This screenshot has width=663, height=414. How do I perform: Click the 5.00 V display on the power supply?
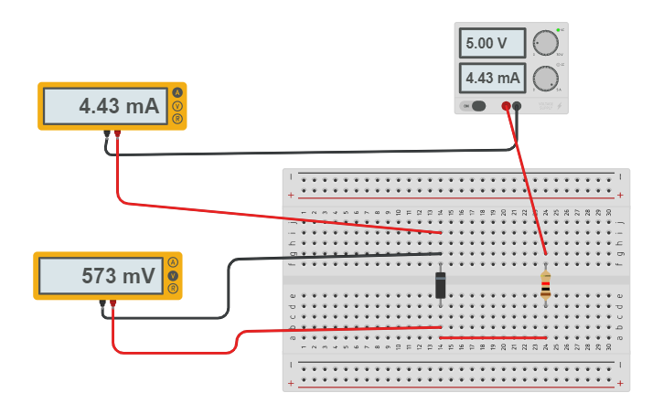pos(492,43)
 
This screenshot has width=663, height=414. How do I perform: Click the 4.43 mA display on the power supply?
pos(492,79)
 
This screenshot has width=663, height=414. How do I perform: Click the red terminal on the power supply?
pos(506,107)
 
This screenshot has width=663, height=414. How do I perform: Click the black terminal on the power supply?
pos(518,107)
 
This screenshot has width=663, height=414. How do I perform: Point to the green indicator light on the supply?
pos(558,30)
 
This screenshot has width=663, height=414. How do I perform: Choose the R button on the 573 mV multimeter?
pos(172,288)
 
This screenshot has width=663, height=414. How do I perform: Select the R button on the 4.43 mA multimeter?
pos(176,119)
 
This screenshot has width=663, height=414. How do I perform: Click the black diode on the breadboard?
pos(441,284)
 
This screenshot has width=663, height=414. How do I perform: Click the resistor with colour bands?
pos(546,284)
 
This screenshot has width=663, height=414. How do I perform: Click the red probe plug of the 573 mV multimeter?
pos(113,303)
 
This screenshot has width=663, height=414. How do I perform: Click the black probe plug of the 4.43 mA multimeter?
pos(107,135)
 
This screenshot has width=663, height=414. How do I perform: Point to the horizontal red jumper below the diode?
pos(494,338)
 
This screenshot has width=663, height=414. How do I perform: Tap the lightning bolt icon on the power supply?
pos(546,107)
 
